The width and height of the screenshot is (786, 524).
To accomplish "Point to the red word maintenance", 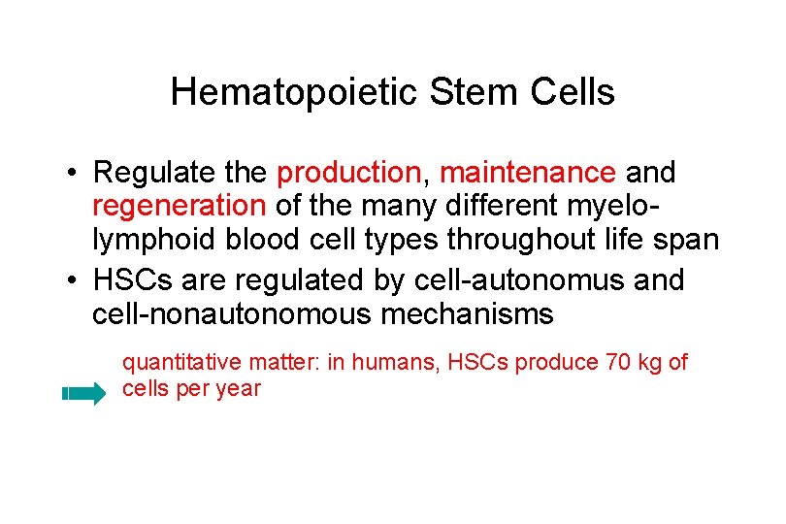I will click(527, 174).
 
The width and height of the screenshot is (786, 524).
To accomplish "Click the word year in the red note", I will click(241, 389).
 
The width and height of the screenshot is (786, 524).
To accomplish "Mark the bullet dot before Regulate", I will click(74, 175).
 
